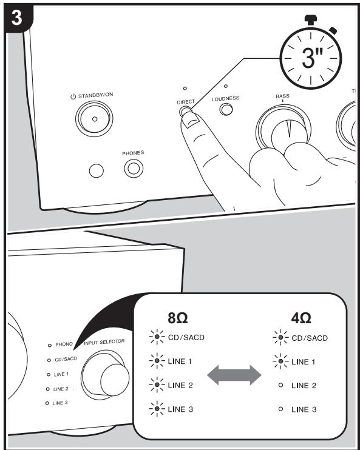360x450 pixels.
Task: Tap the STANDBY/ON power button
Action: tap(93, 119)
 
